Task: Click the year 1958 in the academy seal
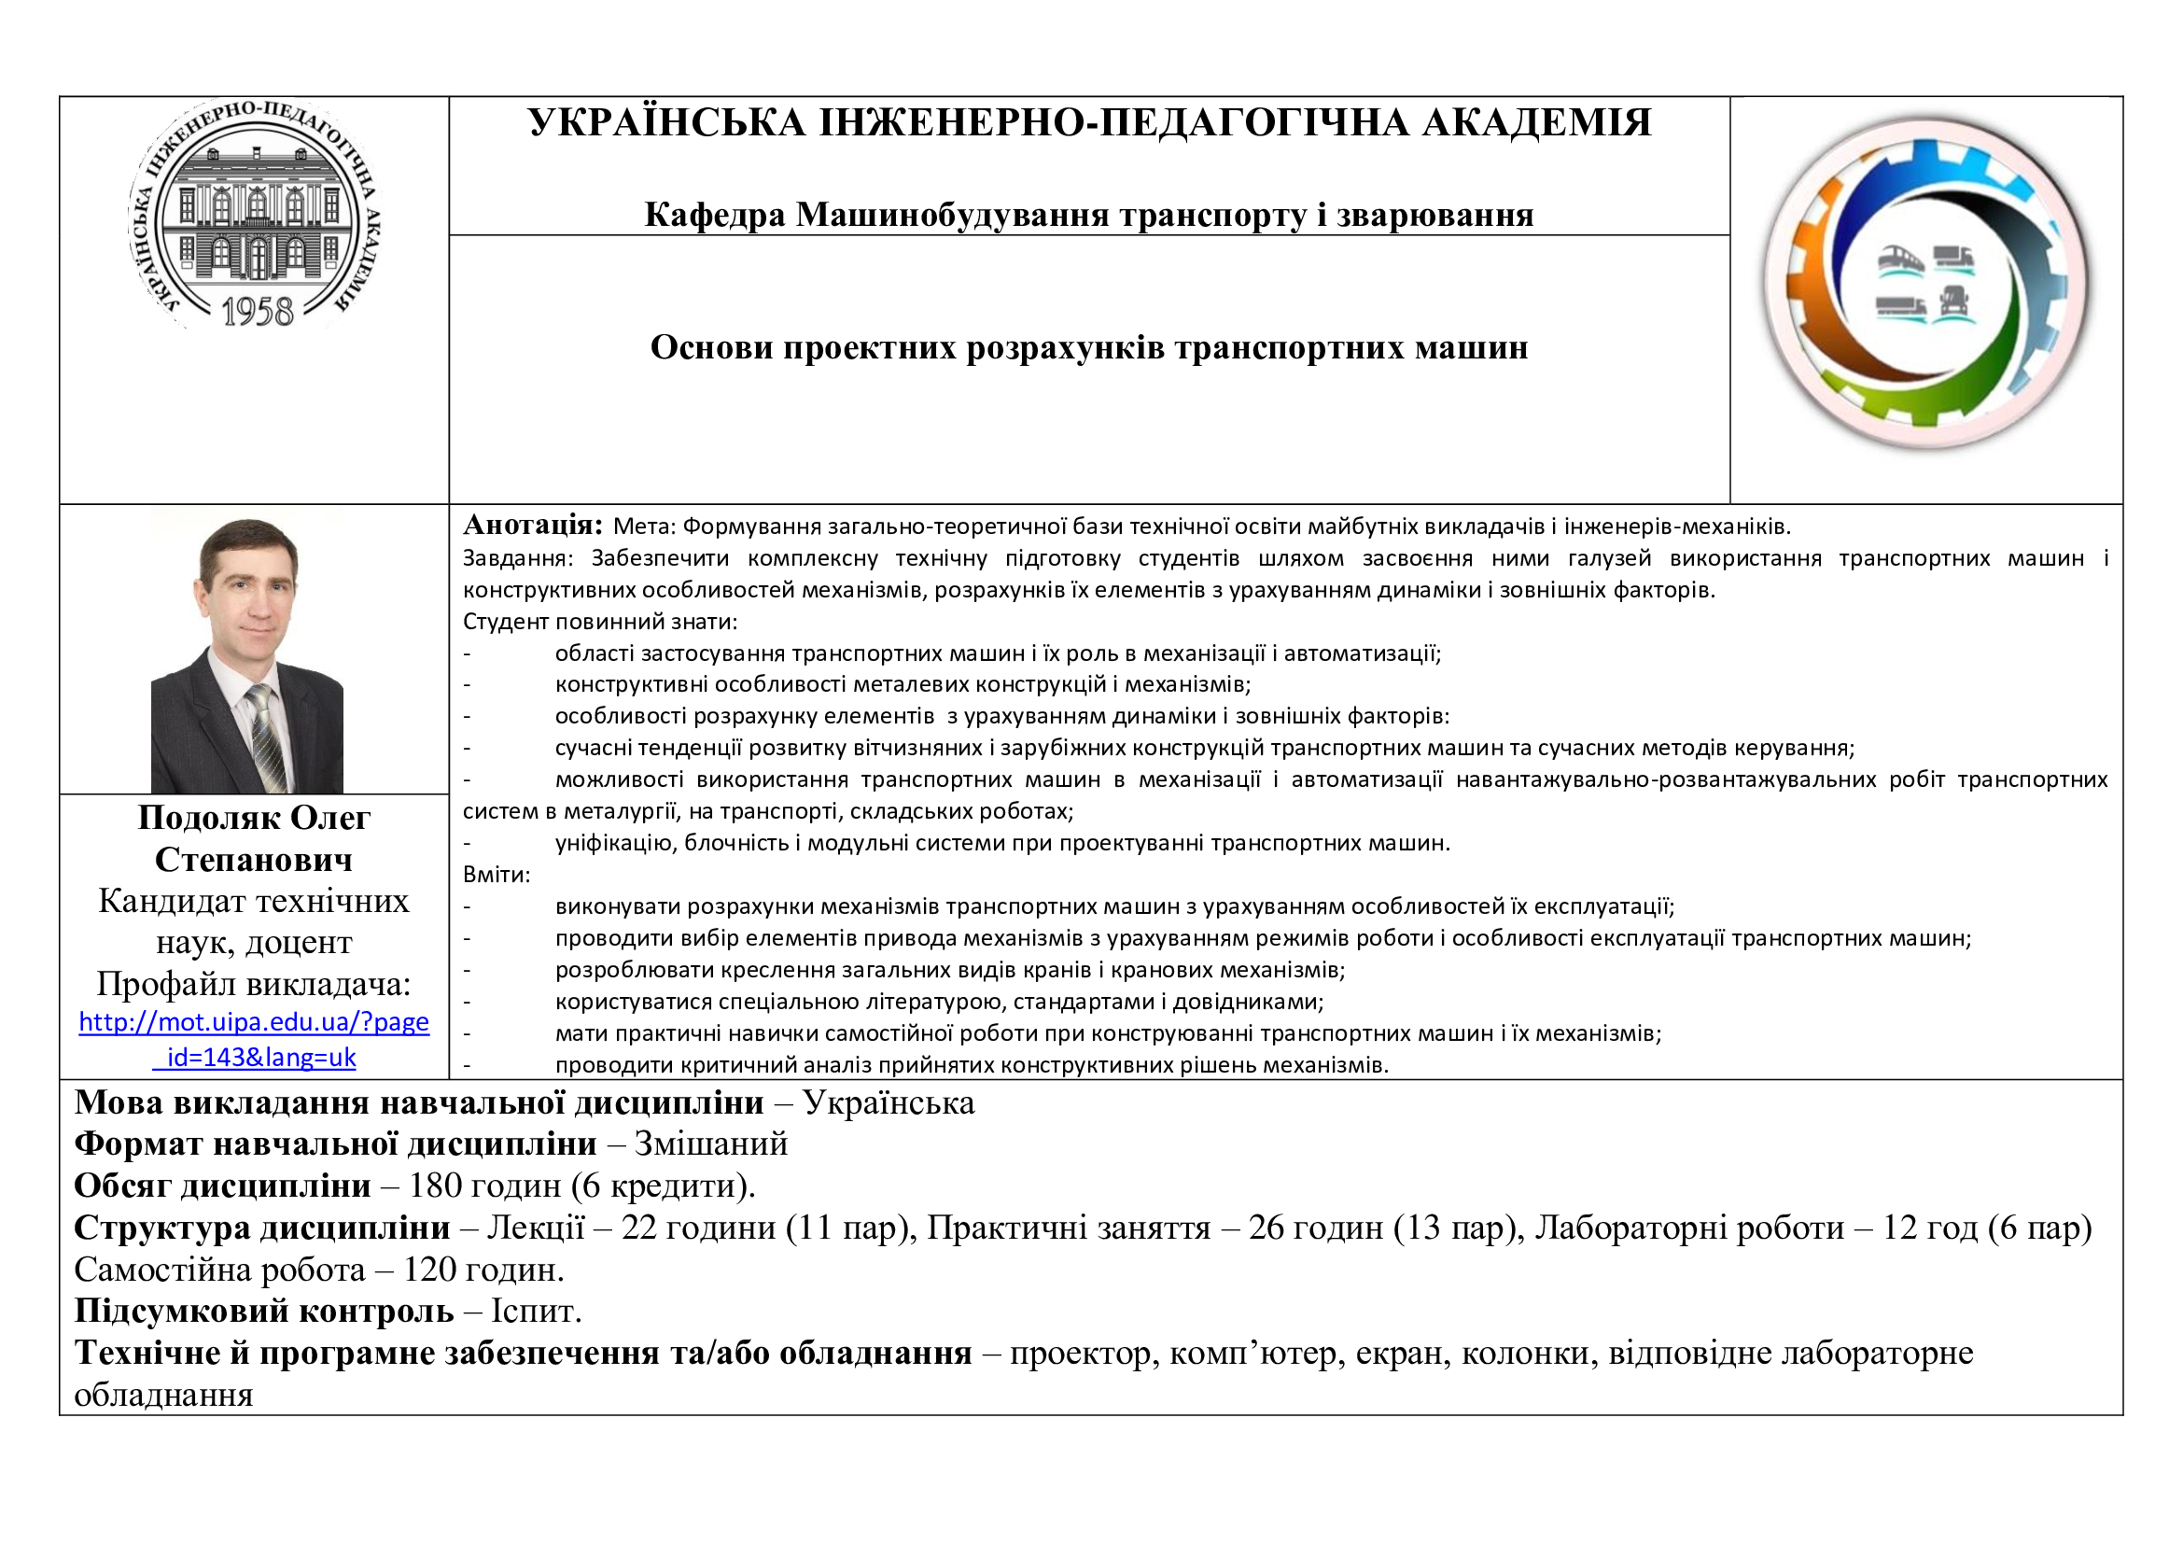(257, 312)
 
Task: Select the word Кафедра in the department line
(715, 215)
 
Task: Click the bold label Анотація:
(532, 524)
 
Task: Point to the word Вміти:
(497, 874)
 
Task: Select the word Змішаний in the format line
(710, 1144)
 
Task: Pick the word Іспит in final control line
(536, 1311)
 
